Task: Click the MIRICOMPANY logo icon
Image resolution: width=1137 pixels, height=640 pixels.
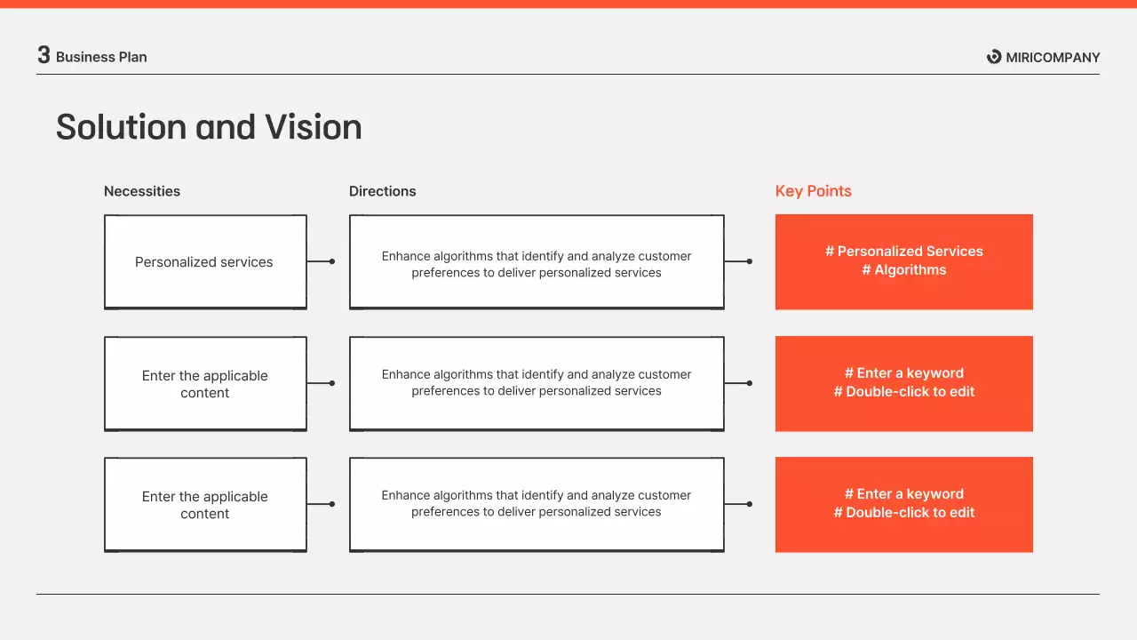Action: pyautogui.click(x=994, y=57)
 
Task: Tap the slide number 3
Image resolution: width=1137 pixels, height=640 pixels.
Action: pyautogui.click(x=44, y=55)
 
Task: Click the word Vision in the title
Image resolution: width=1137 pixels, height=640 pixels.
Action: pyautogui.click(x=312, y=127)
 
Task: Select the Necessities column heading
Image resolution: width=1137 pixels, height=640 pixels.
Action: pyautogui.click(x=142, y=191)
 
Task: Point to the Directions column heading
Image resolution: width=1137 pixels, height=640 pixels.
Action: pyautogui.click(x=382, y=191)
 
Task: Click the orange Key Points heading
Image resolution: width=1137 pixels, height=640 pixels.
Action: pyautogui.click(x=813, y=191)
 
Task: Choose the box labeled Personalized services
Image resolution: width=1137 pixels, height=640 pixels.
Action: pyautogui.click(x=204, y=262)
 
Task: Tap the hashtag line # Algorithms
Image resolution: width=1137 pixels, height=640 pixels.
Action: pyautogui.click(x=903, y=270)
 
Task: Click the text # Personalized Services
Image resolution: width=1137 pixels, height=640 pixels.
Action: pyautogui.click(x=903, y=252)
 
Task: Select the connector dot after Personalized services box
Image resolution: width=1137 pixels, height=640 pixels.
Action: pyautogui.click(x=332, y=261)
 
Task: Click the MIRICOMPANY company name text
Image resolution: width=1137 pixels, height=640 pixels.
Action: pyautogui.click(x=1053, y=58)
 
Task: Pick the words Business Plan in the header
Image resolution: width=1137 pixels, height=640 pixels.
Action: pyautogui.click(x=101, y=57)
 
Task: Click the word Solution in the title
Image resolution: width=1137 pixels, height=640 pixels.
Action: pyautogui.click(x=121, y=127)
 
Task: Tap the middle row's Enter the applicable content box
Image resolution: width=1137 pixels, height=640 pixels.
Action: pyautogui.click(x=204, y=384)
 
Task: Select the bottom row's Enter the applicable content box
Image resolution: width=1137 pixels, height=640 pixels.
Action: pyautogui.click(x=204, y=505)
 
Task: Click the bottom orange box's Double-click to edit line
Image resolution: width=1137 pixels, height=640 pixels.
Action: pyautogui.click(x=903, y=513)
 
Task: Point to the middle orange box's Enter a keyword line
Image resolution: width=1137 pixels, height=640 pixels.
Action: pyautogui.click(x=903, y=373)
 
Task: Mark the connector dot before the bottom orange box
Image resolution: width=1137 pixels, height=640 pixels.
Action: pyautogui.click(x=750, y=504)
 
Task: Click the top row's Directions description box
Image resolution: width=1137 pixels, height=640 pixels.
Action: pyautogui.click(x=536, y=263)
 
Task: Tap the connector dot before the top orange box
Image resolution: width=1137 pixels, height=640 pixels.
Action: pyautogui.click(x=750, y=261)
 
